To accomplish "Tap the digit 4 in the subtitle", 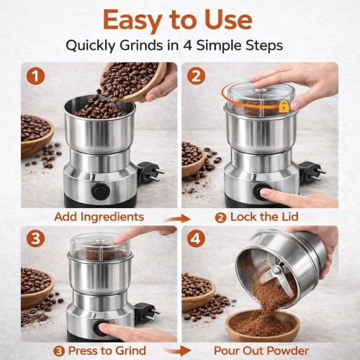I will coord(197,45).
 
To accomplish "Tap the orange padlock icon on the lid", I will coord(284,106).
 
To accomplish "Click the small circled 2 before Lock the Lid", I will coord(220,216).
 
